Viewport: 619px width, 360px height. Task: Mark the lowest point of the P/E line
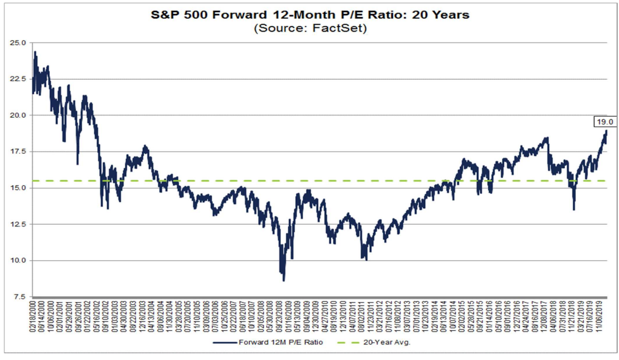click(x=284, y=280)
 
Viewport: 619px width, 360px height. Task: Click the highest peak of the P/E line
click(x=35, y=52)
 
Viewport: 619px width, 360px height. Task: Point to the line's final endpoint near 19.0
click(x=606, y=131)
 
